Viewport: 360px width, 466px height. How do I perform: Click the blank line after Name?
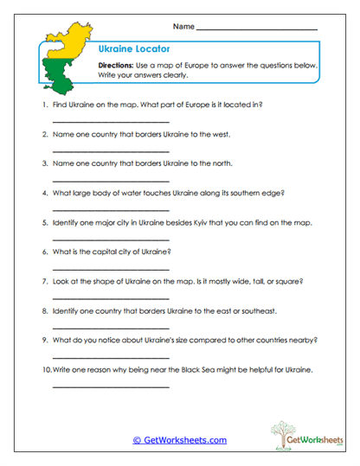tap(257, 29)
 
